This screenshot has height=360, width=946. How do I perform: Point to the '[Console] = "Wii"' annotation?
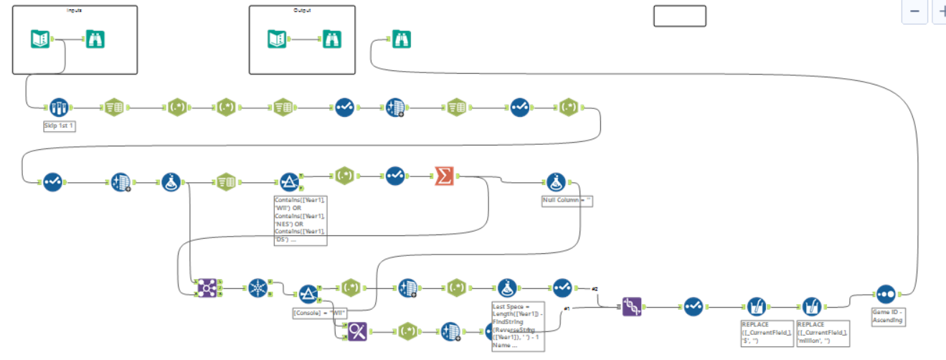(320, 313)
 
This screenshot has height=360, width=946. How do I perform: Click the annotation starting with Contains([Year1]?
(300, 219)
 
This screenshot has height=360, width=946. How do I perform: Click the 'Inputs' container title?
(74, 10)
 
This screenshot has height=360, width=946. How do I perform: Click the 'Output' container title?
(302, 10)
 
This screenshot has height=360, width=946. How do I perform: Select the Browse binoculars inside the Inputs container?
(95, 39)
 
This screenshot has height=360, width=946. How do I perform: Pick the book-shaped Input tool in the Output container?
(277, 39)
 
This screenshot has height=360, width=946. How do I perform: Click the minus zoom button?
(914, 11)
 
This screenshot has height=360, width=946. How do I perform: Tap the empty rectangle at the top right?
(679, 16)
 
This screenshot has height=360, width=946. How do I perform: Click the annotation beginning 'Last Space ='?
(517, 326)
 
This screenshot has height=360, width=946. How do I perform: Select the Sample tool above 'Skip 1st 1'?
(59, 108)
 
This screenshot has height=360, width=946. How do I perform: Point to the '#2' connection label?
(595, 289)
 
